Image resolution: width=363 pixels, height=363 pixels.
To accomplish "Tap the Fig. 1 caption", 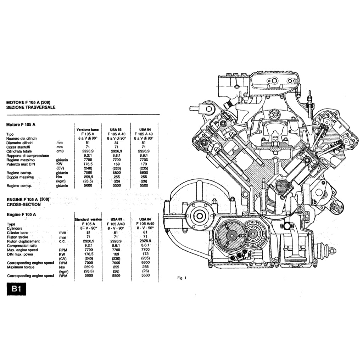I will (181, 278).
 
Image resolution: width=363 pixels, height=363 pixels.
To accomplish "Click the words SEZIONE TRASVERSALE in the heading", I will (31, 107).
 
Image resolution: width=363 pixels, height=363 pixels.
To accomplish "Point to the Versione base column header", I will (88, 130).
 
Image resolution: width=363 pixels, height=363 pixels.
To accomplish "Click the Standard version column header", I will (88, 219).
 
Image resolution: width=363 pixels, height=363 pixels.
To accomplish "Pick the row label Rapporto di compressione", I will (28, 156).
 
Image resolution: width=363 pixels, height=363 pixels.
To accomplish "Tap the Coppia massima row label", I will (20, 177).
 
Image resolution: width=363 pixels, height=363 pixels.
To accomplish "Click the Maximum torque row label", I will (20, 267).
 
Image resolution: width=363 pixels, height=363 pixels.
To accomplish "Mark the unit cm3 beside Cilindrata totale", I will (60, 151).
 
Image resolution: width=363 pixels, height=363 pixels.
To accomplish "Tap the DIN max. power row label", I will (21, 254).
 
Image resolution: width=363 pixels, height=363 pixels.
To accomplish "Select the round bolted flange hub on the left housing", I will (200, 216).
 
